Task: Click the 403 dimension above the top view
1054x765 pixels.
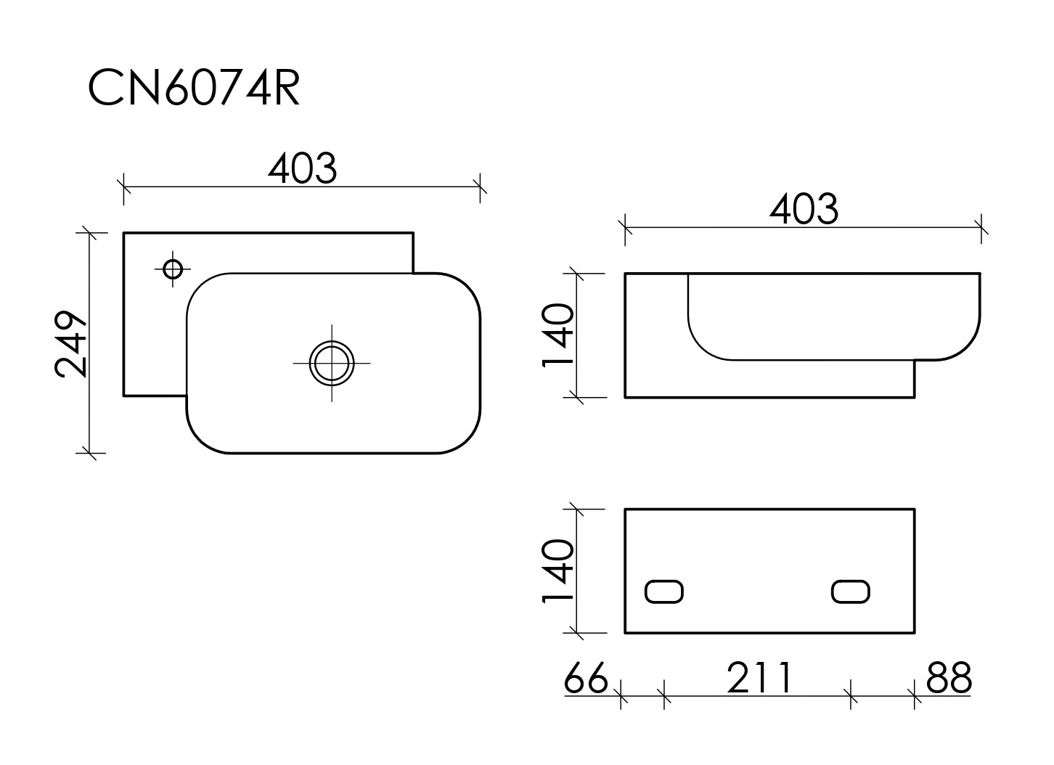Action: click(x=303, y=168)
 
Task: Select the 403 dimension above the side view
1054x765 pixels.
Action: click(x=804, y=208)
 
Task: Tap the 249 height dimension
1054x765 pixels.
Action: click(x=70, y=344)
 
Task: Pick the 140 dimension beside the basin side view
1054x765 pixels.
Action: click(x=558, y=335)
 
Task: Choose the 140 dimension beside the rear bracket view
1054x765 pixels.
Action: click(x=558, y=570)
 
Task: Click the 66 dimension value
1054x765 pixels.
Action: click(x=586, y=678)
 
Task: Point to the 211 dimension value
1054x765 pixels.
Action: click(x=759, y=678)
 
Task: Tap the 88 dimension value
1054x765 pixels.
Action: click(x=949, y=678)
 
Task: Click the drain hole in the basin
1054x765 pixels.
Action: click(x=332, y=363)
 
